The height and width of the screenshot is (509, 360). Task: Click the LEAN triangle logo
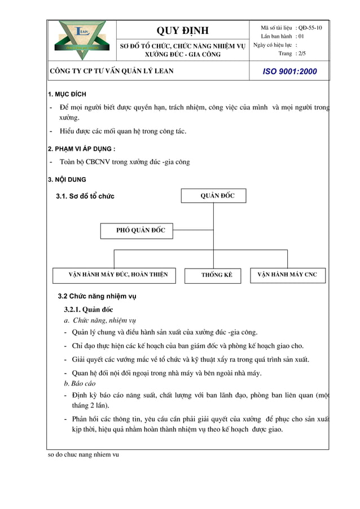[82, 40]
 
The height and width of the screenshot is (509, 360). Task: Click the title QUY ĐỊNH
[182, 30]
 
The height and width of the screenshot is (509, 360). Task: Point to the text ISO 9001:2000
[291, 72]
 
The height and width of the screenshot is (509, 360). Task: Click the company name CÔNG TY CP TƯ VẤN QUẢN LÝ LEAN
[112, 71]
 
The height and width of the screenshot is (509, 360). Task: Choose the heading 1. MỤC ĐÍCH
[67, 94]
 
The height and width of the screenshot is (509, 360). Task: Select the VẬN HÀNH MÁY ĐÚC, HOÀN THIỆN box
[118, 275]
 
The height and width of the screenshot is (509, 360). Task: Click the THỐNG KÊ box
[217, 275]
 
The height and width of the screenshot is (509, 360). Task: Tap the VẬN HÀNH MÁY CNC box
[287, 275]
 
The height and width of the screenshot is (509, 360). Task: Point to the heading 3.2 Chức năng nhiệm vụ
[97, 296]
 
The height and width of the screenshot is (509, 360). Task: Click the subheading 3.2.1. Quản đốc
[89, 309]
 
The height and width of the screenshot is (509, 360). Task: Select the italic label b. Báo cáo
[80, 384]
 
